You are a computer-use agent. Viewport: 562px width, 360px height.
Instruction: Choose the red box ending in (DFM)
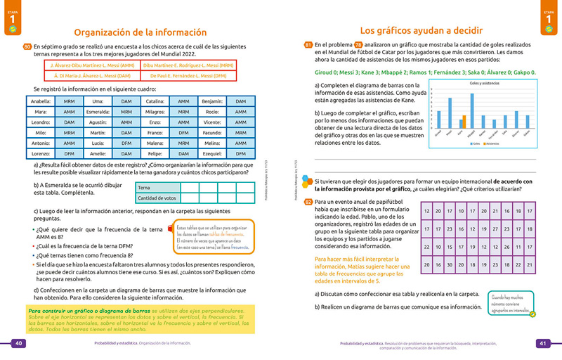coord(189,74)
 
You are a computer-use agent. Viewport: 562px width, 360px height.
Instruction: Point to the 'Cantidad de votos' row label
coord(157,198)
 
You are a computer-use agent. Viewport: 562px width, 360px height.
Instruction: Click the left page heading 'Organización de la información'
coord(140,32)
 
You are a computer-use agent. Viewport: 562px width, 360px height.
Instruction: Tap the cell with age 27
coord(496,229)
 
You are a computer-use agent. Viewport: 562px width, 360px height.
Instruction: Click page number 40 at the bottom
coord(19,343)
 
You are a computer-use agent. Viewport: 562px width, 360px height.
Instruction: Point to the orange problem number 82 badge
coord(308,202)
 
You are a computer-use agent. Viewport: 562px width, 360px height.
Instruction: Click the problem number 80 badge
coord(27,46)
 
